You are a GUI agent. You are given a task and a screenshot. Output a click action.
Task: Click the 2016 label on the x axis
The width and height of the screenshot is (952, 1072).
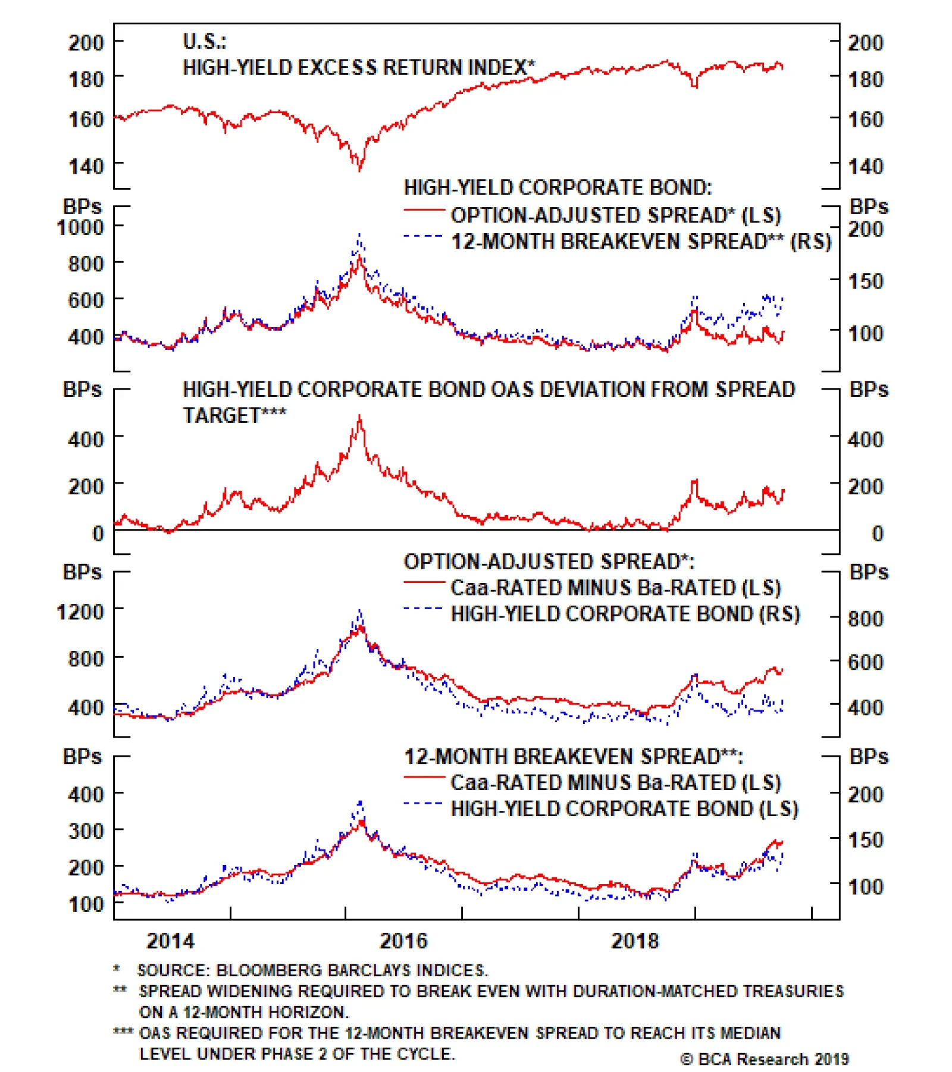403,941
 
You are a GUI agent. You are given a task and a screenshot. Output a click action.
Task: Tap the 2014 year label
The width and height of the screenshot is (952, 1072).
170,941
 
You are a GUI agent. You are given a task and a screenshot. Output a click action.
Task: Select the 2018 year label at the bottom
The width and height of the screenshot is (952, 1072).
635,941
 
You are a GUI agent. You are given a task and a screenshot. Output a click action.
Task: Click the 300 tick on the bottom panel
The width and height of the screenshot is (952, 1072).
86,830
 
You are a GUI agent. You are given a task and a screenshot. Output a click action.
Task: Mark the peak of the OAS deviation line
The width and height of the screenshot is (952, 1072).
359,416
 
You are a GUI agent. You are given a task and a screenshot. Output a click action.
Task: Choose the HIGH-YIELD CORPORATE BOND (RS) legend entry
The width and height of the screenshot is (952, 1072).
625,613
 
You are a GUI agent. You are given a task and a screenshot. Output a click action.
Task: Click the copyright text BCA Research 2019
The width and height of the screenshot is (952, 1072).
765,1059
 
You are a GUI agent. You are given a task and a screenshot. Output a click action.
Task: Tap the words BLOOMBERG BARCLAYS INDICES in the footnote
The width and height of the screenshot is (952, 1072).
351,970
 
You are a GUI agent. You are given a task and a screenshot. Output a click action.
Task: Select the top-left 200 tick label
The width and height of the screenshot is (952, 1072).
86,43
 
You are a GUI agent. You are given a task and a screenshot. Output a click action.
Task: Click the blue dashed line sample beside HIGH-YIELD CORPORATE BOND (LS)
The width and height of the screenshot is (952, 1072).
422,804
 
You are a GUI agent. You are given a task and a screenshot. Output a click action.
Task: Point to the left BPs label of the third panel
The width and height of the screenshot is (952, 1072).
82,389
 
